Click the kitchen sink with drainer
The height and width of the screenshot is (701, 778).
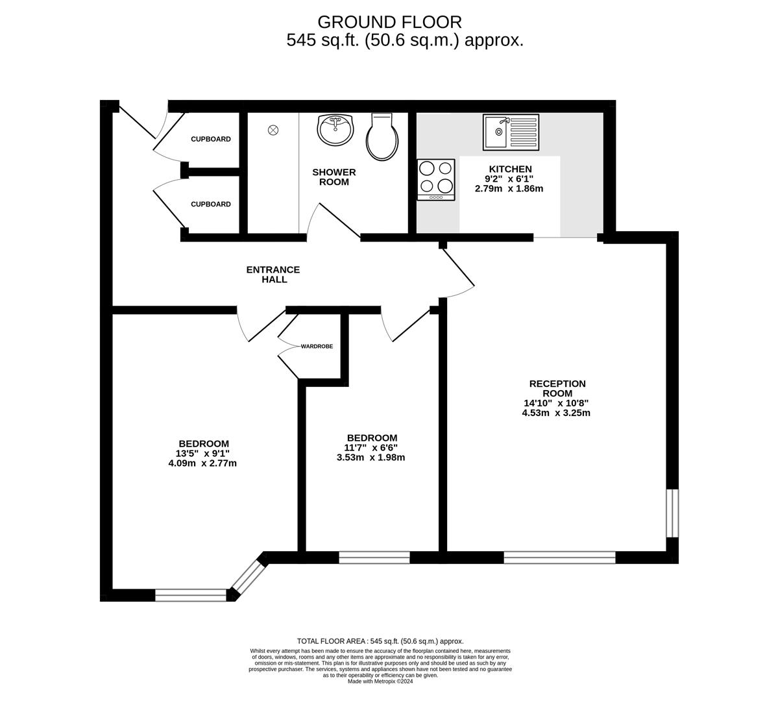tap(511, 132)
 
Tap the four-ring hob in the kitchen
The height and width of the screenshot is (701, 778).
tap(436, 180)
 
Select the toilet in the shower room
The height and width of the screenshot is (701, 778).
tap(383, 136)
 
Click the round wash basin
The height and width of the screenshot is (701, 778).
tap(335, 130)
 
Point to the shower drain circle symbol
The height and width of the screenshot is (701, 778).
tap(273, 130)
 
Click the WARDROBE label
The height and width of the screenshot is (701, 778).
tap(317, 346)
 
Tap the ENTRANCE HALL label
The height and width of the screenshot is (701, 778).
tap(273, 275)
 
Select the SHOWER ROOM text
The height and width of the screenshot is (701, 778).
tap(334, 177)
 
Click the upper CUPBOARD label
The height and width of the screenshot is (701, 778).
tap(211, 139)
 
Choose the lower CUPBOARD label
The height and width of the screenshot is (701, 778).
tap(211, 204)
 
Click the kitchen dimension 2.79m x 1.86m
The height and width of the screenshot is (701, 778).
tap(509, 189)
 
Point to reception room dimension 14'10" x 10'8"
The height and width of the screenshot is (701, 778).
tap(555, 403)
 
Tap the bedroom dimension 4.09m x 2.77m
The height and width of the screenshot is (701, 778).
tap(202, 463)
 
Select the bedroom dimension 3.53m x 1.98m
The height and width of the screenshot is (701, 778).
tap(371, 457)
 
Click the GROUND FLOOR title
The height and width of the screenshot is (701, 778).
tap(389, 22)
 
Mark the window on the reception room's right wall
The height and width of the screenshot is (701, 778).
tap(672, 513)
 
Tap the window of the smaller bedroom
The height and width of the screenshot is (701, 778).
tap(374, 558)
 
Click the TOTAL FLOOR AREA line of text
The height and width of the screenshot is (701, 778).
tap(380, 641)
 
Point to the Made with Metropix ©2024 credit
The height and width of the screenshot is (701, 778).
tap(380, 682)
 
